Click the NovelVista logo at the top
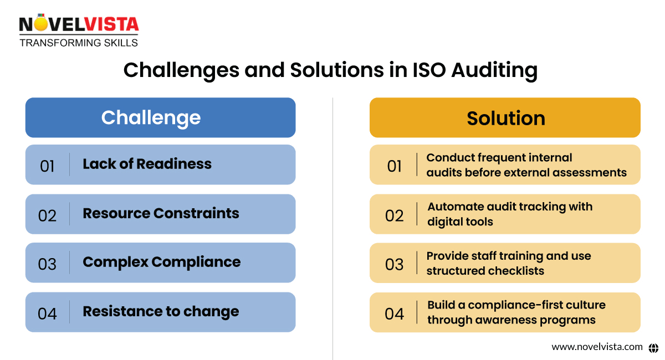tap(79, 25)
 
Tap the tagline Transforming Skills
tap(79, 43)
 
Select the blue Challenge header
tap(160, 117)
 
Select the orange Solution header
tap(505, 118)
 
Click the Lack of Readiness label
tap(147, 164)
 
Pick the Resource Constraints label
tap(161, 213)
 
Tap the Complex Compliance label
tap(161, 262)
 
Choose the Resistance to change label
tap(161, 311)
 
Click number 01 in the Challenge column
tap(47, 166)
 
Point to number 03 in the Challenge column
tap(47, 264)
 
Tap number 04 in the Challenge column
tap(47, 313)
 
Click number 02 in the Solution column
tap(394, 215)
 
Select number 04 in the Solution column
tap(394, 313)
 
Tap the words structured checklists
tap(485, 271)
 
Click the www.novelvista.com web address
tap(597, 347)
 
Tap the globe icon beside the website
tap(653, 347)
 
